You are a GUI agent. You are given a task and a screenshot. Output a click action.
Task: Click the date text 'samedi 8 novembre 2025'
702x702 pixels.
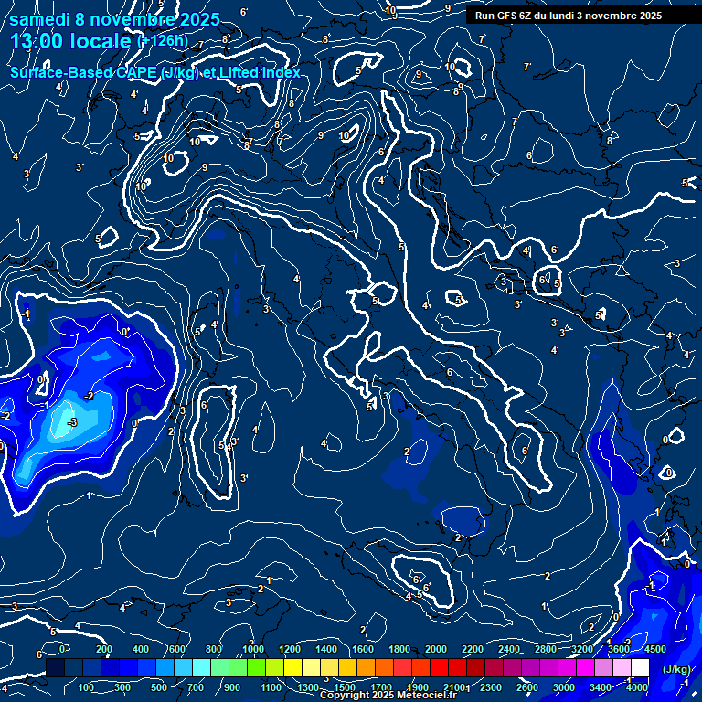(114, 19)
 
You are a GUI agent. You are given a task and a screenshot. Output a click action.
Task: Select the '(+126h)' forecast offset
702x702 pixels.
(162, 41)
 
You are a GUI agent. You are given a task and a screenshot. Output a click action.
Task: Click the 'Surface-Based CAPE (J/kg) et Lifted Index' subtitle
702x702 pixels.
(154, 72)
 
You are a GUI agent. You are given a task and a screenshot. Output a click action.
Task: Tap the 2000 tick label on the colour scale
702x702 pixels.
(436, 649)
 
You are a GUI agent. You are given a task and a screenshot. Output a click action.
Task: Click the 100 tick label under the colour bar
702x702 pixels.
(88, 687)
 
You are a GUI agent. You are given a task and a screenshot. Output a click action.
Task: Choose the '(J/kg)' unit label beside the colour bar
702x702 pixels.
(675, 669)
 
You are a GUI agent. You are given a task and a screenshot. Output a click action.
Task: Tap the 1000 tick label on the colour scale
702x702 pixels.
(253, 649)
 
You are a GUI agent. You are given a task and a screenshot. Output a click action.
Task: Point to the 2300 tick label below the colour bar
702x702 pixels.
(491, 687)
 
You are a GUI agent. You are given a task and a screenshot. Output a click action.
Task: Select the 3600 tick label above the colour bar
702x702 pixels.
(619, 649)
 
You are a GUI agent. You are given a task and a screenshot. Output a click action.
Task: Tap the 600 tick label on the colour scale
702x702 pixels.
(177, 649)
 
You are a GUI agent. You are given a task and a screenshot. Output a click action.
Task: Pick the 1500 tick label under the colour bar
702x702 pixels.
(345, 687)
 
